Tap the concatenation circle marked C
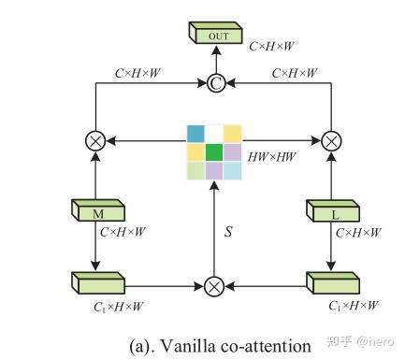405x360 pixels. click(x=214, y=84)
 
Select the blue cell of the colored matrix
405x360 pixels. click(x=195, y=133)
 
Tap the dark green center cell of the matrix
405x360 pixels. click(x=214, y=151)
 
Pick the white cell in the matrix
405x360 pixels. click(x=214, y=133)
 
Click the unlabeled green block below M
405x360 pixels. click(x=96, y=281)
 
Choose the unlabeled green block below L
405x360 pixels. click(x=333, y=281)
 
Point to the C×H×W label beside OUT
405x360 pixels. click(x=272, y=44)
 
